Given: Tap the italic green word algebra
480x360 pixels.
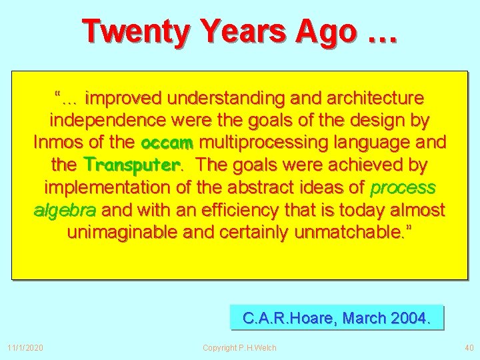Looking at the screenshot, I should coord(65,210).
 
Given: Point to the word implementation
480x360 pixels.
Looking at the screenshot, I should coord(108,187).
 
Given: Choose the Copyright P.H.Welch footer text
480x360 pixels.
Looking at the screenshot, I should coord(239,347).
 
